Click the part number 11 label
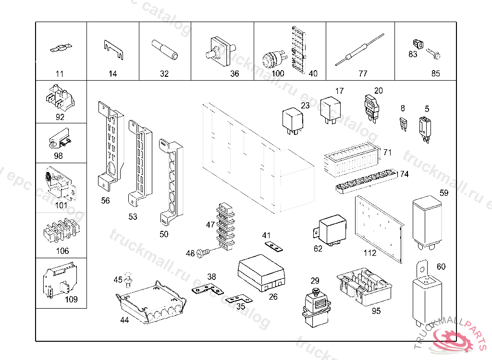click(x=60, y=74)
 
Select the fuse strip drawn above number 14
click(x=113, y=50)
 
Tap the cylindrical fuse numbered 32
click(x=164, y=49)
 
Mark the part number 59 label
click(x=443, y=193)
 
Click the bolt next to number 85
click(x=433, y=55)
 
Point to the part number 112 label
click(x=369, y=253)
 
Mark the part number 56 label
click(x=105, y=201)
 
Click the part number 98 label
click(x=58, y=156)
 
